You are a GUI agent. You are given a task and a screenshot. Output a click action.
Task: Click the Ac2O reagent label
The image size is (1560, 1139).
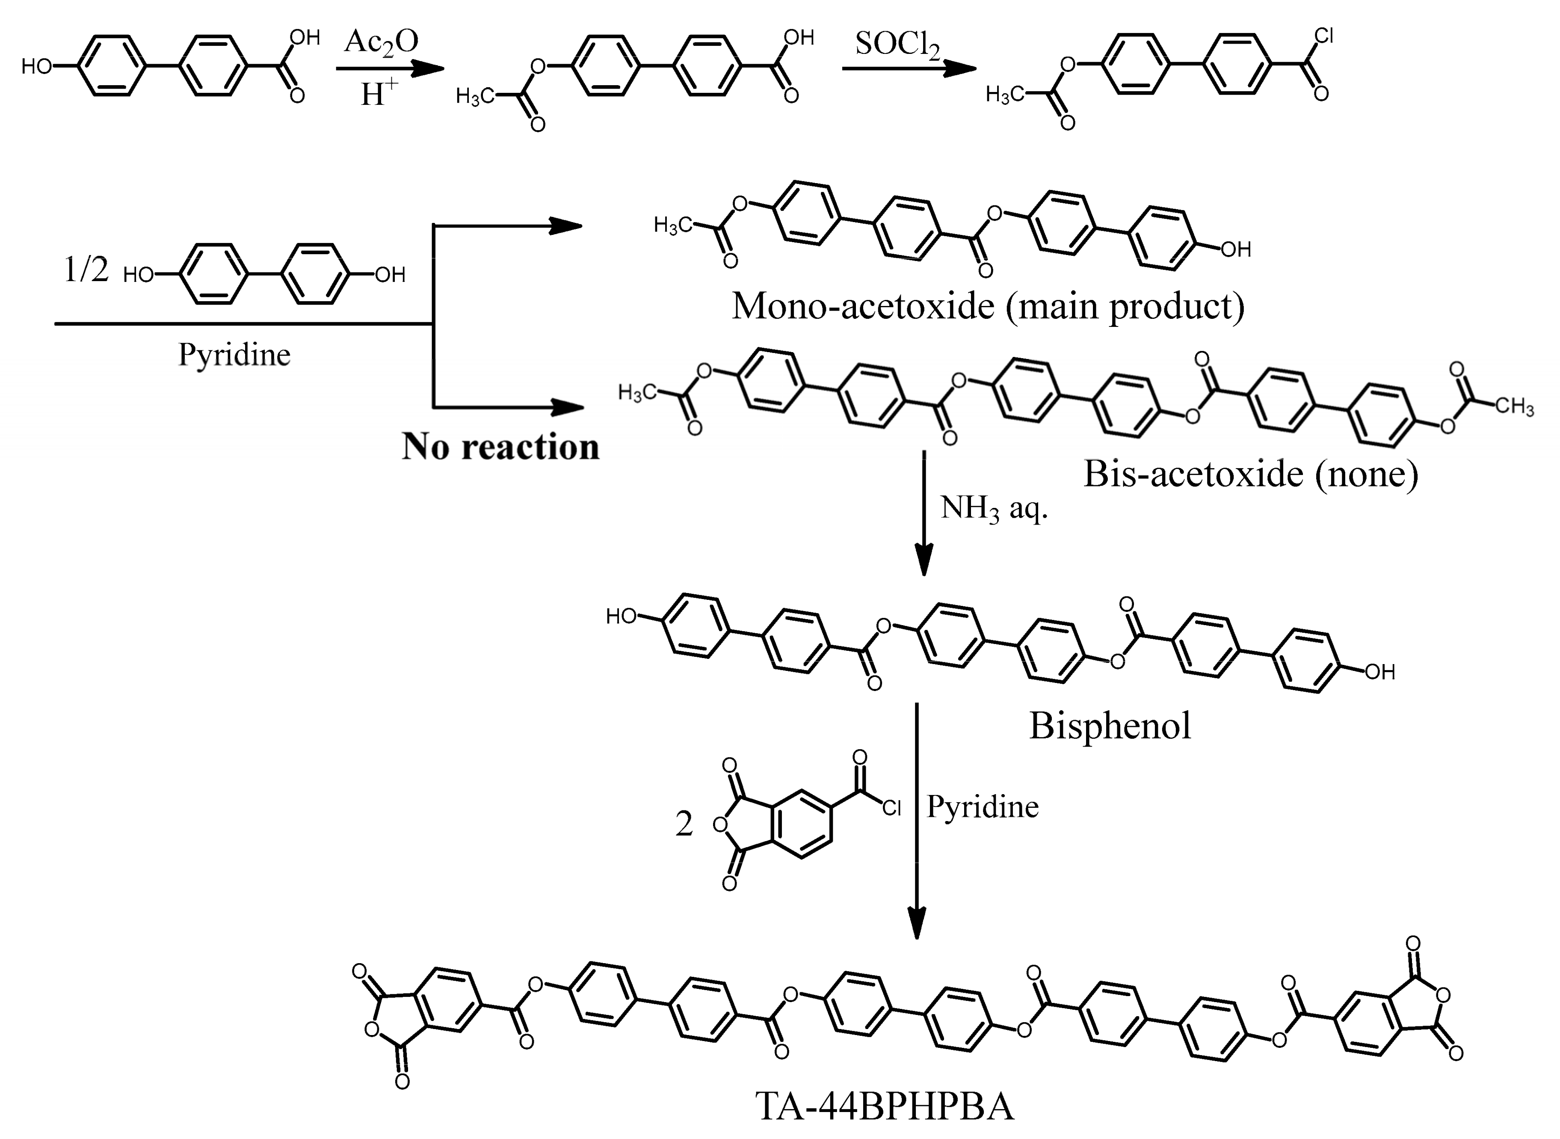[381, 43]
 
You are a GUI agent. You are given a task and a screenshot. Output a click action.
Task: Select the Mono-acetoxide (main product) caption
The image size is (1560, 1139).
[988, 306]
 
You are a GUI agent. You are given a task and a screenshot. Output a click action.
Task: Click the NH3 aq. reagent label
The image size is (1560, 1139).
[993, 509]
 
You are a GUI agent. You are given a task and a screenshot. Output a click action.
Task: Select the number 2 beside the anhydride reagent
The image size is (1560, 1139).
[684, 824]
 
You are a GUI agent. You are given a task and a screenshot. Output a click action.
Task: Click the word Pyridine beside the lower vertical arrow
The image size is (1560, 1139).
[982, 807]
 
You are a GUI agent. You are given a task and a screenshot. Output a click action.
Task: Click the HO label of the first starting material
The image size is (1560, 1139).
[36, 67]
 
